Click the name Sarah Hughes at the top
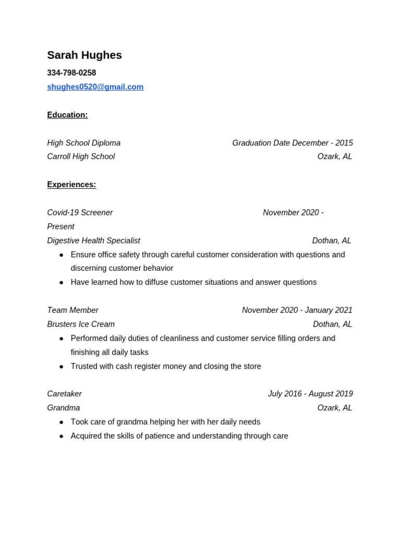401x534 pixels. [84, 55]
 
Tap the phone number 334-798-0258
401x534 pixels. [72, 73]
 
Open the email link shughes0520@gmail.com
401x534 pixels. [95, 87]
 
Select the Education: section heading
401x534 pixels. [67, 115]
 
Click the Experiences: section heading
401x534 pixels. [72, 185]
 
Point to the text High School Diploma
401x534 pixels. [84, 143]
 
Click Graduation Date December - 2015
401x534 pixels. [292, 143]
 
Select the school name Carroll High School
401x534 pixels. [81, 156]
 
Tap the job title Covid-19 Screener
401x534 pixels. [80, 213]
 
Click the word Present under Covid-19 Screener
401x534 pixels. [61, 227]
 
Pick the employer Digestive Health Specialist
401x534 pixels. [93, 240]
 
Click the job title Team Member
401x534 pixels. [73, 310]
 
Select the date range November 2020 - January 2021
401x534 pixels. [297, 310]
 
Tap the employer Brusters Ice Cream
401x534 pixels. [81, 324]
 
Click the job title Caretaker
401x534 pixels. [64, 394]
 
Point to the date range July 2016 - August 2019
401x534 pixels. [310, 394]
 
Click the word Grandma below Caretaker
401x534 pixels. [63, 408]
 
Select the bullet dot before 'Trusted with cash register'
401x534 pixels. [61, 367]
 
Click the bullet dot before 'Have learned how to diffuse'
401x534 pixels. [61, 283]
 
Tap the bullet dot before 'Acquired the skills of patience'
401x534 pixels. [61, 436]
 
